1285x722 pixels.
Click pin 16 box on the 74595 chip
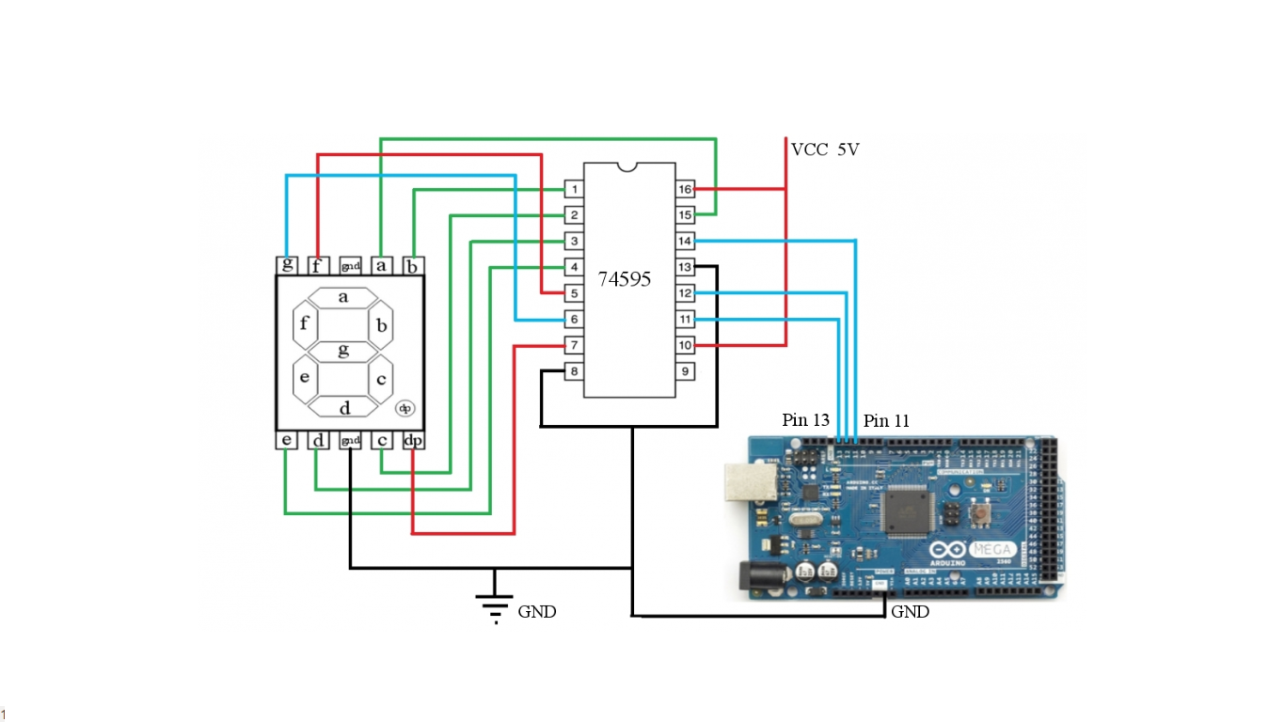(686, 190)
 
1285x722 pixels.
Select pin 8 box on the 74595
(573, 372)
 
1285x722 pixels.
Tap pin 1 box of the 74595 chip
(573, 190)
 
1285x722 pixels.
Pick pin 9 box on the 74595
(686, 372)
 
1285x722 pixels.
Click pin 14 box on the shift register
(686, 242)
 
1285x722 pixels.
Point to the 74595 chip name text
(625, 280)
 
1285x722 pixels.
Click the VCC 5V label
(825, 149)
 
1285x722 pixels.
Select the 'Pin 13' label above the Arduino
(805, 420)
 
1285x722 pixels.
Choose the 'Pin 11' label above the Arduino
(886, 420)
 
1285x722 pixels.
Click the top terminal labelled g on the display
(286, 266)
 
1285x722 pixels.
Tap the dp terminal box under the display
(413, 440)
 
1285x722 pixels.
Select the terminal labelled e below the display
(286, 440)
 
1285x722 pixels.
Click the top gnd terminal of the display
(350, 266)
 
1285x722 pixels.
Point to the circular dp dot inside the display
(405, 408)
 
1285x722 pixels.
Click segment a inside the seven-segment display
(343, 297)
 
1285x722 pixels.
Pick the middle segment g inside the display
(343, 351)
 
